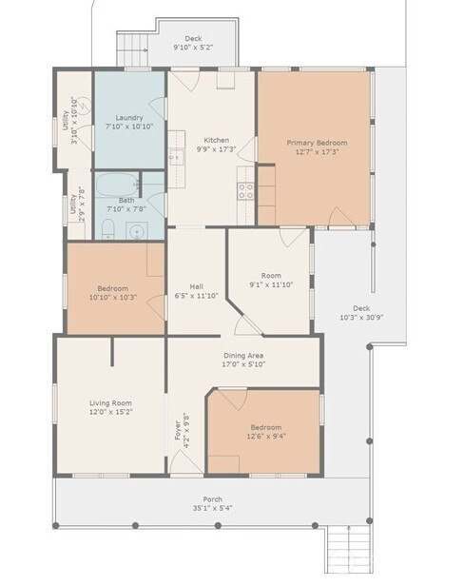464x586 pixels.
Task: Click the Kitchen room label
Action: pyautogui.click(x=216, y=140)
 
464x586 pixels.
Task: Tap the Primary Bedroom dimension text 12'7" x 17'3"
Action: pyautogui.click(x=317, y=152)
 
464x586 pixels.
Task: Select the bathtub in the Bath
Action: pyautogui.click(x=119, y=185)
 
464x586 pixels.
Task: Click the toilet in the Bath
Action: pyautogui.click(x=108, y=228)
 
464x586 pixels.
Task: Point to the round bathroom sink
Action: pyautogui.click(x=137, y=231)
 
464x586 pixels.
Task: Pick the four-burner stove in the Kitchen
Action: pyautogui.click(x=246, y=191)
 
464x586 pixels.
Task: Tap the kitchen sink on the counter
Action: pyautogui.click(x=176, y=157)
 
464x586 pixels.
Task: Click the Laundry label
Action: pyautogui.click(x=129, y=118)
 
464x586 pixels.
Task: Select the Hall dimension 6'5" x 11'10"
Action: pyautogui.click(x=197, y=296)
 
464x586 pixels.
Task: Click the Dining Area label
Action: pyautogui.click(x=243, y=356)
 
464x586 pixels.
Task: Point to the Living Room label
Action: pyautogui.click(x=110, y=403)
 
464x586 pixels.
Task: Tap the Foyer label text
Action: pyautogui.click(x=178, y=430)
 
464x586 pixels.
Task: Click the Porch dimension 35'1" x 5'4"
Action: pyautogui.click(x=213, y=508)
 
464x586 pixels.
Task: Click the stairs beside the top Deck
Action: pyautogui.click(x=132, y=49)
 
